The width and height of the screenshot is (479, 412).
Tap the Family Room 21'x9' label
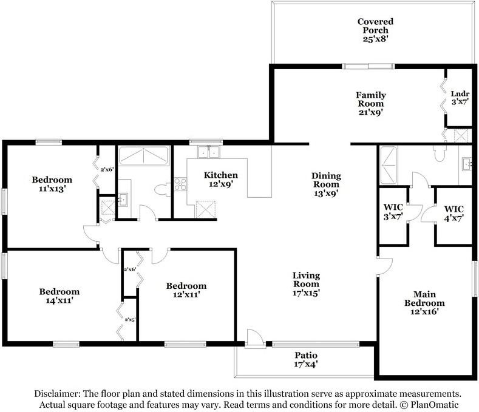[x=370, y=104]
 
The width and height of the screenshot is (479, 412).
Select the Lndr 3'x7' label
[x=460, y=98]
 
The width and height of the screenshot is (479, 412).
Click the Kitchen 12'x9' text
[x=220, y=179]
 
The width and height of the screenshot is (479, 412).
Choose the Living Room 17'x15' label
[x=306, y=284]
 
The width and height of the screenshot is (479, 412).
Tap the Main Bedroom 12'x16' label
[x=424, y=303]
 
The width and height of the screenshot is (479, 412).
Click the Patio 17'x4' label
[x=306, y=359]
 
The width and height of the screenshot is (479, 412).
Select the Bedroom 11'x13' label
[x=52, y=184]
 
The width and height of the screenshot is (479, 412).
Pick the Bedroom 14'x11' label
[x=59, y=296]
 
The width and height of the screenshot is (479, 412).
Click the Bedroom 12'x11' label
[x=186, y=290]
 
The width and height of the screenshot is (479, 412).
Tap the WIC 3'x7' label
[x=393, y=212]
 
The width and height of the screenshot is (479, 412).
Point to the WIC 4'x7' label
[x=454, y=214]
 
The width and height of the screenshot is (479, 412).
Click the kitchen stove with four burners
[x=180, y=184]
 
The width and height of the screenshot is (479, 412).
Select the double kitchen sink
[x=209, y=152]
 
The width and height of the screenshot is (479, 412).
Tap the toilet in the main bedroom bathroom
[x=440, y=154]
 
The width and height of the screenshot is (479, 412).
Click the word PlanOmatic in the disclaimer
[x=435, y=405]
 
